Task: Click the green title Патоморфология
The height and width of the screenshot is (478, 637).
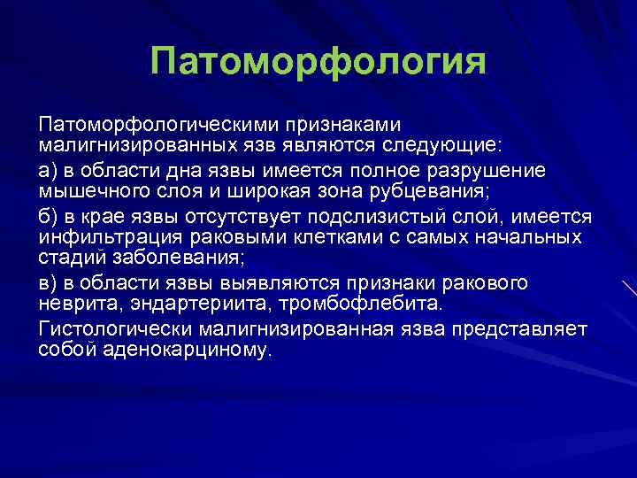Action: (318, 62)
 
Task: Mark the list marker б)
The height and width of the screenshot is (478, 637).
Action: (49, 217)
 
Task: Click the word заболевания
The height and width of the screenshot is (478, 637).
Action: (185, 258)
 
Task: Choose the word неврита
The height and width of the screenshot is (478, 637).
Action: (77, 305)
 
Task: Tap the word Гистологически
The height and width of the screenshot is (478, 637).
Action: (117, 329)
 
